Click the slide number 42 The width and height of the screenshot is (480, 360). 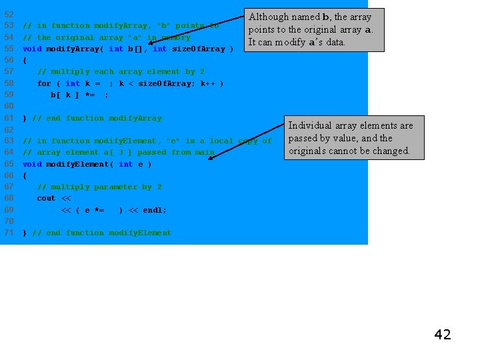443,335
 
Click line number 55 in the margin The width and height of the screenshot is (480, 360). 9,49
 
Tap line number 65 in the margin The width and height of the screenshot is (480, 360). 9,164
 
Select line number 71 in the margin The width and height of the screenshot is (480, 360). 9,233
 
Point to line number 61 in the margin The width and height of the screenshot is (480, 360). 9,118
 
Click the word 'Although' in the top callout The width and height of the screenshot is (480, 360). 269,17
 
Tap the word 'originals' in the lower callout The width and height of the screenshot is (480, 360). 307,151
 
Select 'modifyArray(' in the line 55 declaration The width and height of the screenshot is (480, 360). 74,49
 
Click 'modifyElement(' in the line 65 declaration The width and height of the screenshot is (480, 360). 79,164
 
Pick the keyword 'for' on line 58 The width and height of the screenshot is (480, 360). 44,83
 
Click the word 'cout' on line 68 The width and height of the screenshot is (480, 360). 46,198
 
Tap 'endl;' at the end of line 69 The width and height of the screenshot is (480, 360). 155,210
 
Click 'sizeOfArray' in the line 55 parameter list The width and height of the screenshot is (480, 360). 198,49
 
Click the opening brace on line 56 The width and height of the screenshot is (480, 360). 25,60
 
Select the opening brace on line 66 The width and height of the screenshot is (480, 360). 25,175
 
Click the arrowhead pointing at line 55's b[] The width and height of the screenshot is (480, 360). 151,43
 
